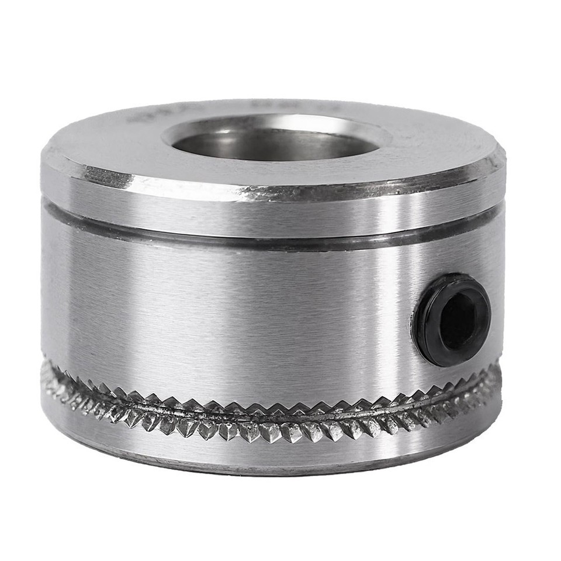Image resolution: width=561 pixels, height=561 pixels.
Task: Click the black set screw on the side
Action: coord(451,320)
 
